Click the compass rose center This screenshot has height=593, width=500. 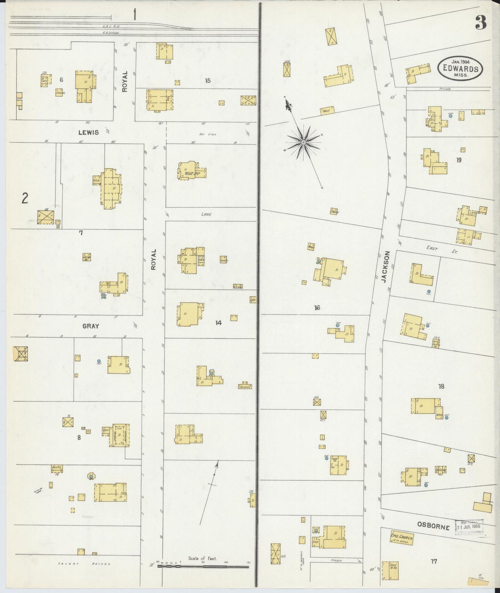point(303,142)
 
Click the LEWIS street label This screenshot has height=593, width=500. point(88,132)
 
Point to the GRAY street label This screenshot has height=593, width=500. point(91,326)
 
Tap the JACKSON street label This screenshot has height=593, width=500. point(386,267)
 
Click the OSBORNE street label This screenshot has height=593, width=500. point(433,527)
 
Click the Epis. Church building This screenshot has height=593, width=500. point(402,538)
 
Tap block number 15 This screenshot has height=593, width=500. point(208,81)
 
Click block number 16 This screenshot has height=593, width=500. point(317,308)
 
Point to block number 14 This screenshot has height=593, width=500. point(218,323)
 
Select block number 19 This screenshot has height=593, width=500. point(459,160)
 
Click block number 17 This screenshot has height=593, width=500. point(434,561)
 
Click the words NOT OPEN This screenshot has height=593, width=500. point(207,135)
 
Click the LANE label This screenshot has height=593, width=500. point(206,214)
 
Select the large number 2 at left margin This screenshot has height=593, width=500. point(25,199)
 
